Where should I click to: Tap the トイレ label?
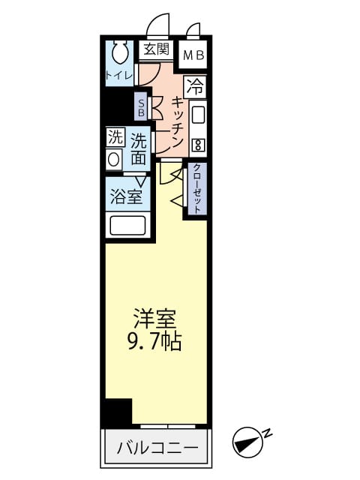click(119, 75)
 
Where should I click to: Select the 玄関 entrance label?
click(156, 50)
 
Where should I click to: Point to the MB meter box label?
click(194, 55)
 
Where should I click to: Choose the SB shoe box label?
click(141, 106)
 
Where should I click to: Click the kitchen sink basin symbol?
click(198, 115)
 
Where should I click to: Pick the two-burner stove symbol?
click(198, 143)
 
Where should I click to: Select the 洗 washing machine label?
click(114, 137)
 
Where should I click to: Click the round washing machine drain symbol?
click(114, 159)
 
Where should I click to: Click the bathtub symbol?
click(128, 226)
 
